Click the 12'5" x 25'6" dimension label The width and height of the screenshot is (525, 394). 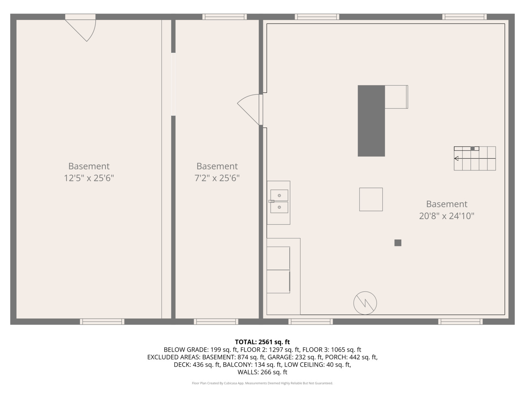coord(89,178)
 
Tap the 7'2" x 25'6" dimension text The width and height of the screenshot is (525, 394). coord(217,178)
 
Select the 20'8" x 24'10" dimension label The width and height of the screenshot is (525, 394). coord(447,216)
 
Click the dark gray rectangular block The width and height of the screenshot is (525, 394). coord(371,121)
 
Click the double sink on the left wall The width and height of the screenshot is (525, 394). coord(279,201)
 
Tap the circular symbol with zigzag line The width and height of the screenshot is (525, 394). coord(365,303)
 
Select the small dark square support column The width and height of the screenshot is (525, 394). coord(398,243)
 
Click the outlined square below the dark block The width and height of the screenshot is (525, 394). coord(371,199)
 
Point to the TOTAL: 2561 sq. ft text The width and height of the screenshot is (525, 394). coord(262,342)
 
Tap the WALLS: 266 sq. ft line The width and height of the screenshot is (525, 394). coord(262,372)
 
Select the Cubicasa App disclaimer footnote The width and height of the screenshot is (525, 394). coord(262,383)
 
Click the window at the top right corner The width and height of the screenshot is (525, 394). coord(464,16)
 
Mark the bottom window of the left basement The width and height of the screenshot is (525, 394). coord(102,321)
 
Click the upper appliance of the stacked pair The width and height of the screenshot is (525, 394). coord(278,258)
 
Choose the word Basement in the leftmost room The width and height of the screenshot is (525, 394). coord(89,166)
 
